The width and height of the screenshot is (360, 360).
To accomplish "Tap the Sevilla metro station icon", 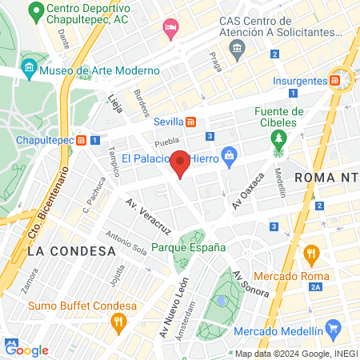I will [x=191, y=122].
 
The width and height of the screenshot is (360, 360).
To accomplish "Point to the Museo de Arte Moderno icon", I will [x=29, y=66].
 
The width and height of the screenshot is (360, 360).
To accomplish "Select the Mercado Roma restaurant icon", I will [x=311, y=254].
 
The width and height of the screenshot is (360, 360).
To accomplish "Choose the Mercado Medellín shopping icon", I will [x=334, y=329].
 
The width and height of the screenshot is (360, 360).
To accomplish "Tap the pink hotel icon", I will [x=170, y=29].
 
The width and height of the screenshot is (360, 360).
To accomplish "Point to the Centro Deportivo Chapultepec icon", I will [x=34, y=13].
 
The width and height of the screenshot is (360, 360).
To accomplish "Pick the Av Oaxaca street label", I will [x=248, y=190].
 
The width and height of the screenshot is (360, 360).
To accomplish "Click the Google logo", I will [x=27, y=350].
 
